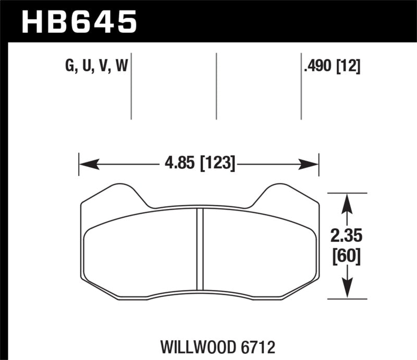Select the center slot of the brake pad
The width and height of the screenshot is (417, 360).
point(199,249)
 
